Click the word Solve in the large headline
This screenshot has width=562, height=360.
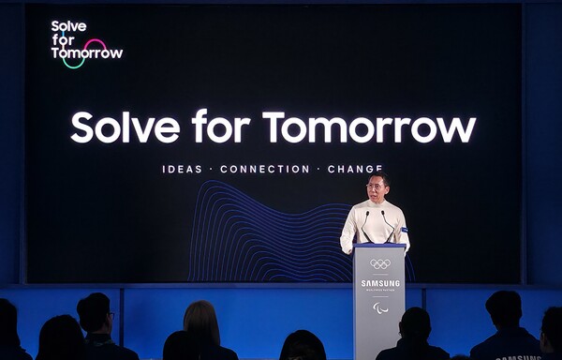[x=126, y=127]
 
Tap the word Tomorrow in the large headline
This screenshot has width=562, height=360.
[x=369, y=127]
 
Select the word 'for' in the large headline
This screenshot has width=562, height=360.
[x=224, y=127]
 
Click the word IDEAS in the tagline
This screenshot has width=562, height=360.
[x=182, y=170]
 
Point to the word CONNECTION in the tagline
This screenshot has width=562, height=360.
[x=264, y=170]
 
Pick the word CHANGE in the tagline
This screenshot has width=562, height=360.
[x=355, y=170]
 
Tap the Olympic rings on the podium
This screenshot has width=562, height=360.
[x=379, y=263]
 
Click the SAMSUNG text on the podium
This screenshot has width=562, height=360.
[x=379, y=282]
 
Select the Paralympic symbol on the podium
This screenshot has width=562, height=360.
[x=379, y=307]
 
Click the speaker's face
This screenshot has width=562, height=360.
[x=377, y=187]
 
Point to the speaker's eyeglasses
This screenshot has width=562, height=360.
[x=376, y=185]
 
